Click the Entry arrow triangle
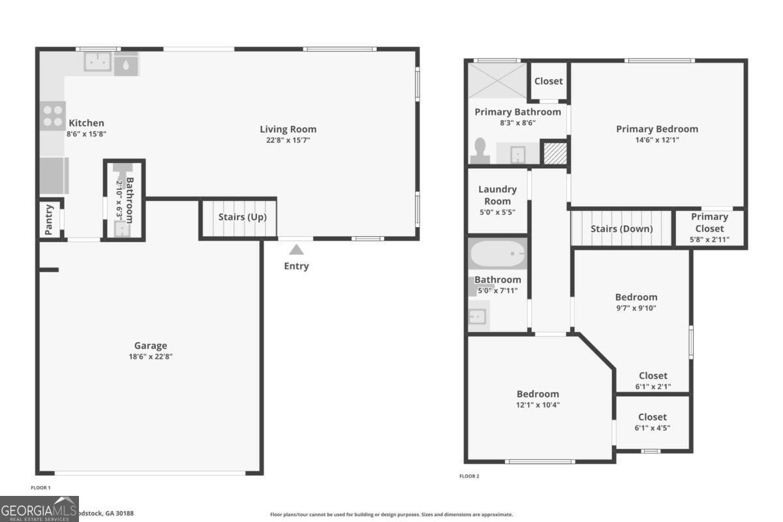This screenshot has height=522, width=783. point(296,249)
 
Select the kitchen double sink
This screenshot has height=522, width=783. point(98,62)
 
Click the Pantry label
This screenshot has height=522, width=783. point(49,220)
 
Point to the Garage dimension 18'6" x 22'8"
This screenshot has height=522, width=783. point(151,356)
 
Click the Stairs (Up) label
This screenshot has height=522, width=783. point(242,217)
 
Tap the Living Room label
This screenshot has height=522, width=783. point(288,129)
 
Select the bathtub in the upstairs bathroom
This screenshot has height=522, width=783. point(497,254)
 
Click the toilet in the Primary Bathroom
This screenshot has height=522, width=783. point(481,150)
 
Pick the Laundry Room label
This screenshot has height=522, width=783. point(497,195)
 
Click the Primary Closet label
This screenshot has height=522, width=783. point(709,223)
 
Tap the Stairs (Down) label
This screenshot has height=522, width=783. point(621,229)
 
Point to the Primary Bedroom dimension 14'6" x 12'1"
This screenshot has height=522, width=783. point(657,140)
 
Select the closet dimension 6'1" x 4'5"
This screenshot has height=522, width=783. point(652,428)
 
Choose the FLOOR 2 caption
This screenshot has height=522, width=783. point(469,476)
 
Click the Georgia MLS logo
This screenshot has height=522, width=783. point(39,508)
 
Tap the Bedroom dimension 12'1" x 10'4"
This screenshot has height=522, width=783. point(538,405)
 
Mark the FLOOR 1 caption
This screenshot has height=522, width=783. point(40,487)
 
